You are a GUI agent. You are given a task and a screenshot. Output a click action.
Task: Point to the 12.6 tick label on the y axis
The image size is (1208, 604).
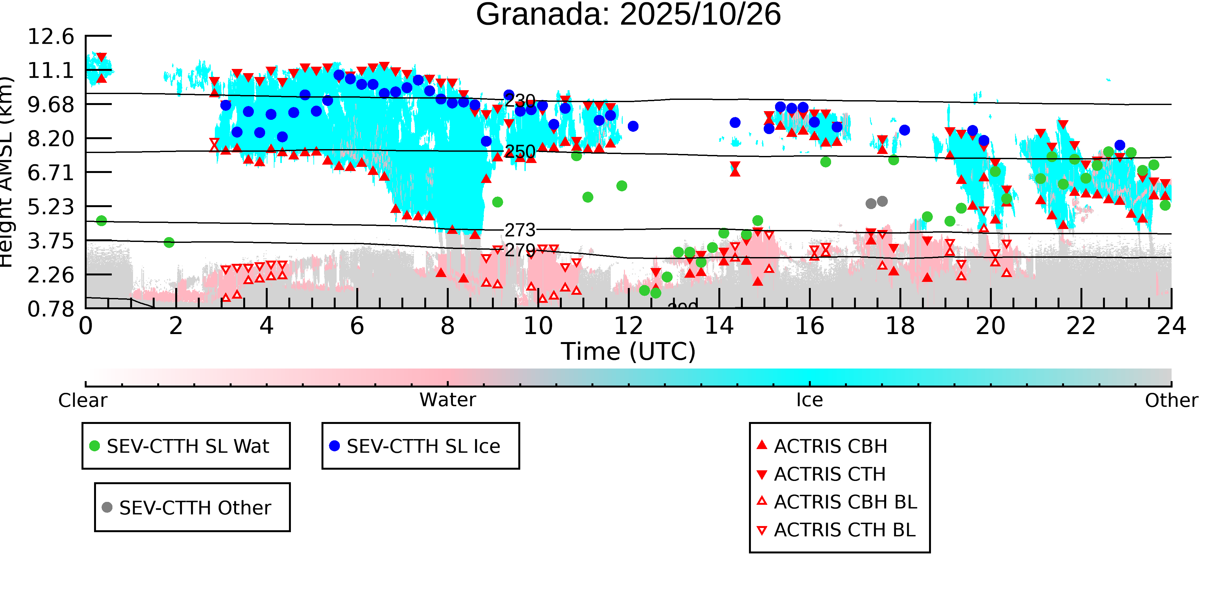click(51, 37)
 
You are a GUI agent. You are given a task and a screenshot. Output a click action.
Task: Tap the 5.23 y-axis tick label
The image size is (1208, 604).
click(51, 207)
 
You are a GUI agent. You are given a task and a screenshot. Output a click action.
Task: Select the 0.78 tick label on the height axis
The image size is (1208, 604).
click(51, 309)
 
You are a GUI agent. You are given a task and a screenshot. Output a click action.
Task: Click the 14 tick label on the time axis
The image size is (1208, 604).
click(719, 326)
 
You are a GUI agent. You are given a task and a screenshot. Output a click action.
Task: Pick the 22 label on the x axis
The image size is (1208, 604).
click(1081, 326)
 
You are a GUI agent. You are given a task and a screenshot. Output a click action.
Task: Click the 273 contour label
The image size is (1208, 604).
click(520, 230)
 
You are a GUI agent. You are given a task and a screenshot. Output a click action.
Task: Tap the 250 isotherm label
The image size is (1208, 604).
click(520, 151)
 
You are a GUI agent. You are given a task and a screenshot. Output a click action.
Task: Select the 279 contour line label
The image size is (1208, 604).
click(520, 250)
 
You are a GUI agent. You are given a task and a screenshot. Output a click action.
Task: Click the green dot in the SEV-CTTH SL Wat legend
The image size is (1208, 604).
click(95, 446)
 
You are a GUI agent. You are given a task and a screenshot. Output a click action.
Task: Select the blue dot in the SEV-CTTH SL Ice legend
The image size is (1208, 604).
click(334, 446)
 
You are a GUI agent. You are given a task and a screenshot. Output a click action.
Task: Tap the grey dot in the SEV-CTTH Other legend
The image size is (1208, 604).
click(107, 507)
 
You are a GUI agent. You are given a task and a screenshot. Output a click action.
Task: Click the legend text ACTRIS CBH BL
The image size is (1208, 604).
click(845, 502)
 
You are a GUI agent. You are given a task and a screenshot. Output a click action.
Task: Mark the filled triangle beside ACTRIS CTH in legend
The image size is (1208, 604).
click(762, 475)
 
